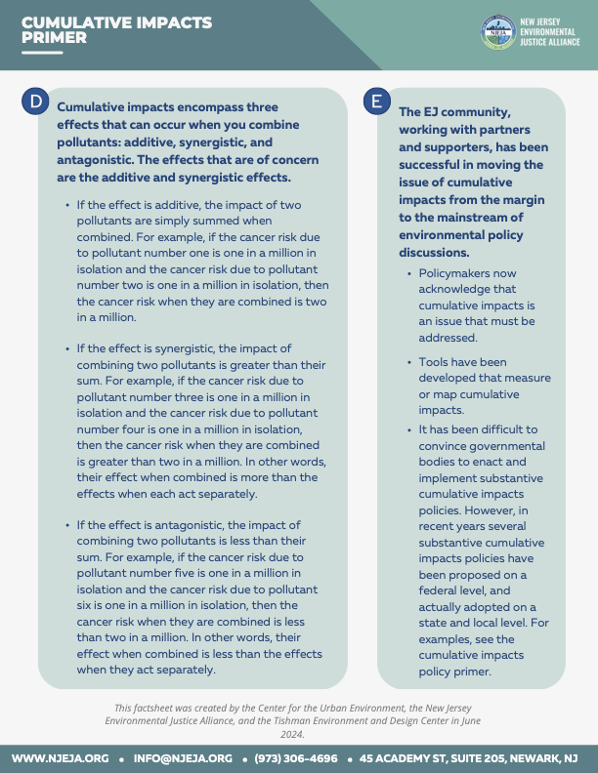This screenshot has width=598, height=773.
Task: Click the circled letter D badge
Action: click(x=36, y=101)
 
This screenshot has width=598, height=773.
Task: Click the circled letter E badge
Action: click(x=375, y=101)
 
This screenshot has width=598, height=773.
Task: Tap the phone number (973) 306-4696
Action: click(x=296, y=758)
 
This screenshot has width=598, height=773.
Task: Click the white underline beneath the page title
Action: click(x=41, y=52)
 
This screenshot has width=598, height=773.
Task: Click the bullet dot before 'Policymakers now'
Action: click(x=407, y=273)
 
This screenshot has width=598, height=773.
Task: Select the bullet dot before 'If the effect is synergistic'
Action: click(x=66, y=348)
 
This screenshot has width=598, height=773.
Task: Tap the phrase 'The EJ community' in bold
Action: click(x=454, y=111)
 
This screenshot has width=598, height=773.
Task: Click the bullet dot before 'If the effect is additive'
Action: click(x=66, y=205)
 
